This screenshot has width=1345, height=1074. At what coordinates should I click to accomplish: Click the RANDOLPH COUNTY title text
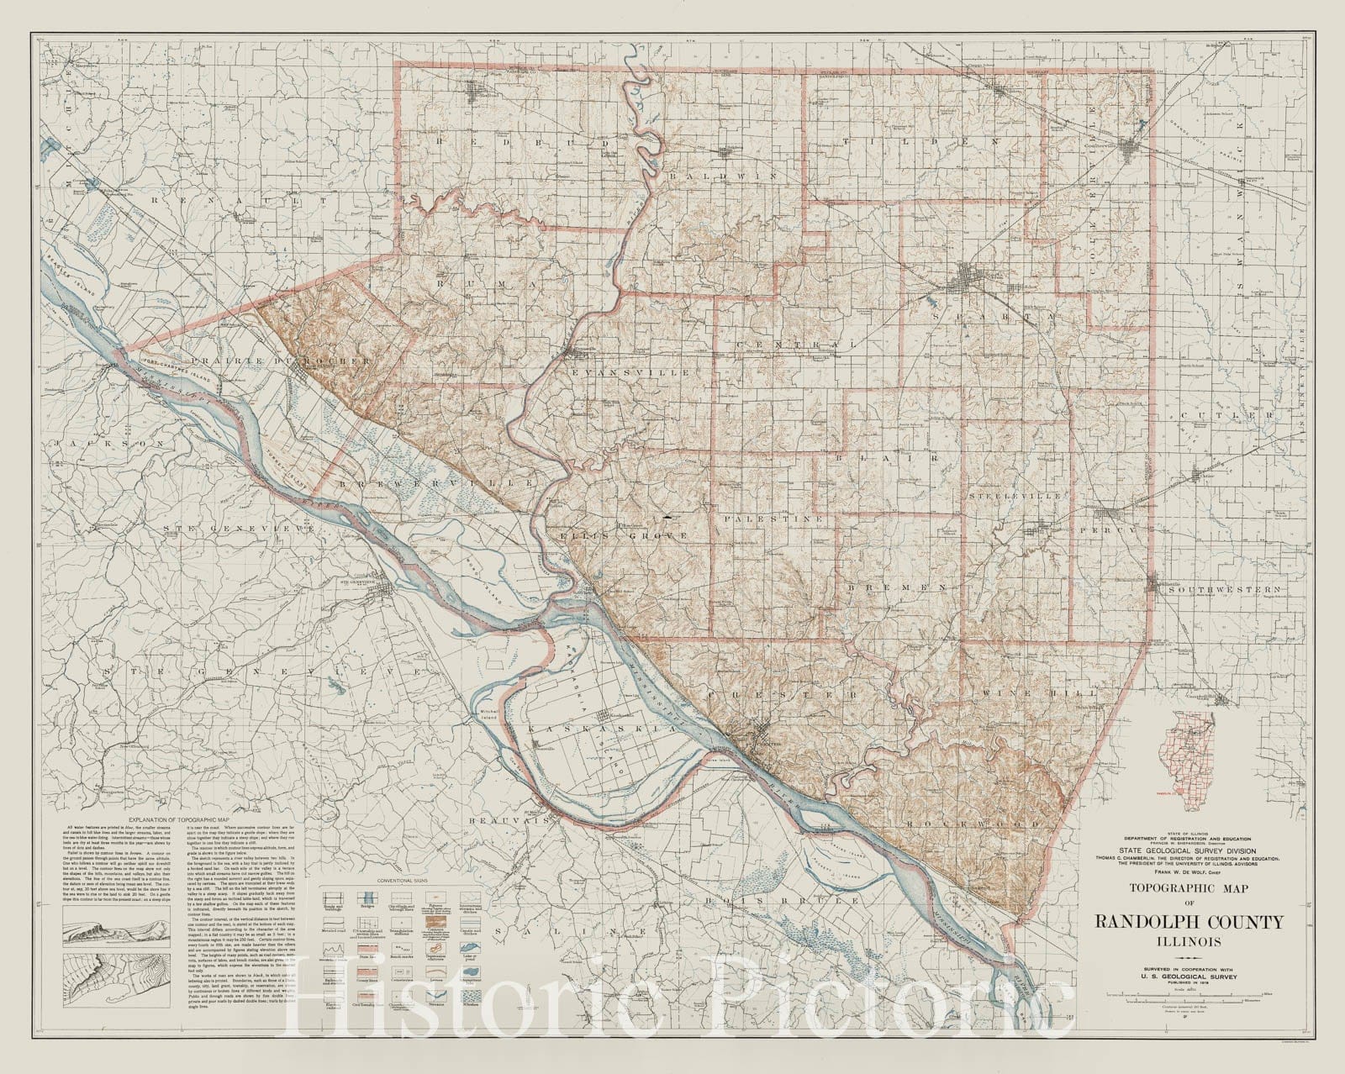[x=1189, y=922]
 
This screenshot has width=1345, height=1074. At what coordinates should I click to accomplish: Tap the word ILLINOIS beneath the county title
[x=1189, y=941]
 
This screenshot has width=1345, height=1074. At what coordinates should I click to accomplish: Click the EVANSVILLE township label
[x=629, y=371]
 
